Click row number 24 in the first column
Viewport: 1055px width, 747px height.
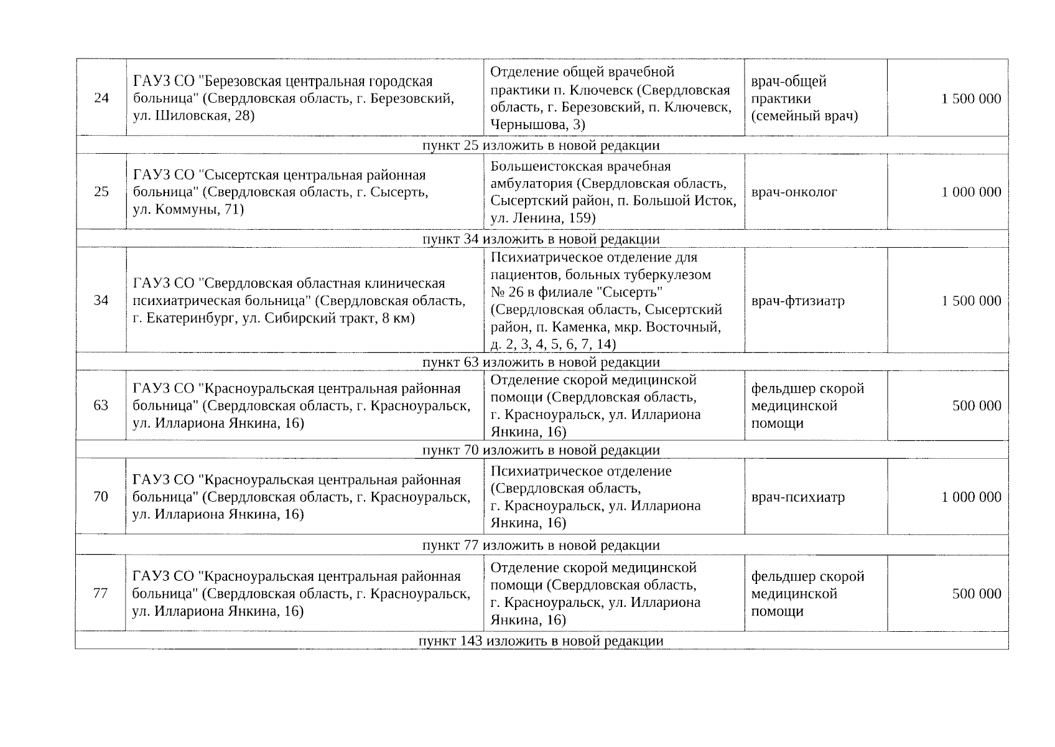pos(101,98)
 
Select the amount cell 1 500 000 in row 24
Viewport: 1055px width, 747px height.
pos(971,98)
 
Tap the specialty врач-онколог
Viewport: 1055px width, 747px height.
pos(794,192)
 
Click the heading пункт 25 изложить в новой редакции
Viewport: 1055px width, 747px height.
pos(541,145)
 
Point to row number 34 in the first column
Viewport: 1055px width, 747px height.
pos(101,301)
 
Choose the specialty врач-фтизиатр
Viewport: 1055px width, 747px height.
pos(797,301)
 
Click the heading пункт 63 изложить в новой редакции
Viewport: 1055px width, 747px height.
pos(541,362)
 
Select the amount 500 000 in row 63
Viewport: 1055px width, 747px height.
pos(977,406)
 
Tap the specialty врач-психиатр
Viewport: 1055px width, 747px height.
pos(797,497)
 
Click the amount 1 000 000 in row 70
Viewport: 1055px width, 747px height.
pos(971,497)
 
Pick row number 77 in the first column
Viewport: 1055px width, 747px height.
pos(101,593)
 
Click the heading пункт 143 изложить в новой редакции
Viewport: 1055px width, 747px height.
pos(541,641)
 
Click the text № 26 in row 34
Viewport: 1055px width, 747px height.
pos(507,292)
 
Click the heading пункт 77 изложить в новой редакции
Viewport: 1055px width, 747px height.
pos(541,545)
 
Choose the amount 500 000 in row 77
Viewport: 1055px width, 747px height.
pos(977,594)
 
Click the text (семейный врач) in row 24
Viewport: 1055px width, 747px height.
pos(804,116)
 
